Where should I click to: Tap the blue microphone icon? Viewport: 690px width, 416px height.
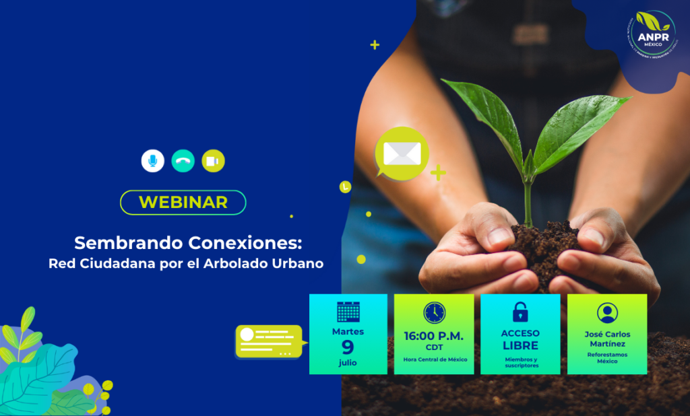coord(152,161)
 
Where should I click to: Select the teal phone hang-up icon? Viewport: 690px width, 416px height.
coord(183,161)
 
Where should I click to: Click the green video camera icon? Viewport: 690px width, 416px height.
coord(213,161)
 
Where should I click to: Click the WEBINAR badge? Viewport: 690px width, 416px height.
coord(183,202)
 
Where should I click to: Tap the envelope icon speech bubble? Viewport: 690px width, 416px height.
coord(402,153)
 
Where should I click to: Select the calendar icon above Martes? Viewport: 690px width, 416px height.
coord(348,312)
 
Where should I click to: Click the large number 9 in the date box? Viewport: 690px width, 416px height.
coord(348,347)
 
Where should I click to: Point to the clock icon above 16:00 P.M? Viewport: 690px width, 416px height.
coord(435,312)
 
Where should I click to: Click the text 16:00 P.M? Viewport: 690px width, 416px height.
coord(435,335)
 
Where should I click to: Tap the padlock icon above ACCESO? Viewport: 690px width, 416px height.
coord(520,312)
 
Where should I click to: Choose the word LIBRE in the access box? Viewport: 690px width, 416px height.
coord(520,345)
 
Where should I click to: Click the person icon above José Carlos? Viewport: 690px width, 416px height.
coord(607,313)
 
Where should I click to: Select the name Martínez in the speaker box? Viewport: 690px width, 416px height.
coord(607,344)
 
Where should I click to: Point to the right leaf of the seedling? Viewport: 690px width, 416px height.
coord(579,128)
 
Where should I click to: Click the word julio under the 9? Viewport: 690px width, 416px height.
coord(348,363)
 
